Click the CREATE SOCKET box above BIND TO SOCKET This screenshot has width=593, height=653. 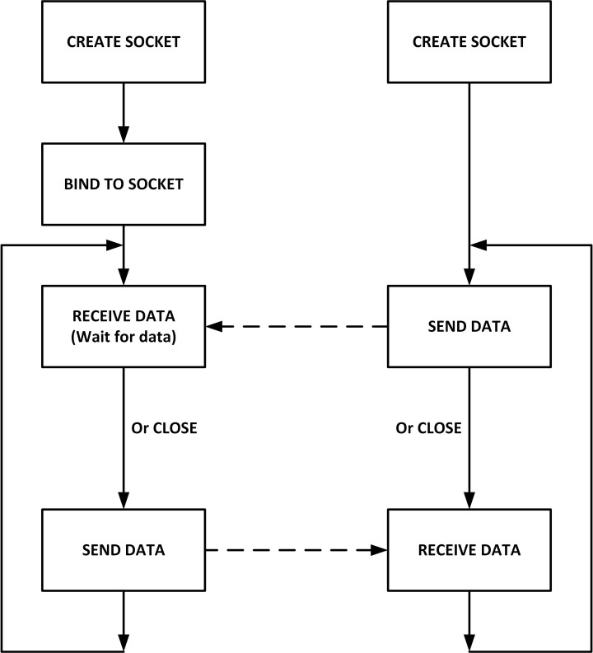click(x=123, y=42)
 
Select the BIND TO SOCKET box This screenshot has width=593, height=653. click(x=123, y=184)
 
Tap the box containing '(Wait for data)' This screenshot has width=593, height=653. click(x=123, y=326)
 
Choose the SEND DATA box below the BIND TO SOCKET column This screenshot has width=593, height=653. click(x=123, y=550)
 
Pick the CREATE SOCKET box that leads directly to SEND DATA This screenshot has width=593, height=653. click(x=469, y=42)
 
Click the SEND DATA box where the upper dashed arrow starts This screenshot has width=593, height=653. click(x=469, y=326)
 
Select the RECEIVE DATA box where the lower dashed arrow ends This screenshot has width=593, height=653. click(x=469, y=550)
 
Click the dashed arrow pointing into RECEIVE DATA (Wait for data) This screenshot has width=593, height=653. click(x=296, y=327)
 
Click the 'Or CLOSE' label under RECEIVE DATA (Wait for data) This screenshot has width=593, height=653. click(x=165, y=428)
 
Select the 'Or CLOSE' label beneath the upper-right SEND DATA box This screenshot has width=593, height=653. click(x=428, y=428)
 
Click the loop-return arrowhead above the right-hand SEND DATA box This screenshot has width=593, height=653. click(x=479, y=245)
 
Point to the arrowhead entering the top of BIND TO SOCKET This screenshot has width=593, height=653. click(x=123, y=135)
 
